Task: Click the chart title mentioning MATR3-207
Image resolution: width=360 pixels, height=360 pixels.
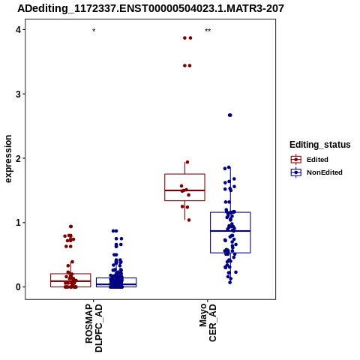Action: [x=151, y=8]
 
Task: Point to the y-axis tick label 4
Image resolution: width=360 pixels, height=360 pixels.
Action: [x=18, y=30]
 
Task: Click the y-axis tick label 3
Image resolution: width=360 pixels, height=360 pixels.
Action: [x=18, y=94]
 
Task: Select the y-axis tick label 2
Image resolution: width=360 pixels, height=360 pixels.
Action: [x=18, y=158]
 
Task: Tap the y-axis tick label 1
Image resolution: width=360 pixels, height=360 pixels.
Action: [x=18, y=223]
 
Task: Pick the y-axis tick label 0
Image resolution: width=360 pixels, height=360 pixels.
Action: [x=18, y=287]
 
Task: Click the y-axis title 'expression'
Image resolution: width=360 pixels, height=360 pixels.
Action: [x=8, y=159]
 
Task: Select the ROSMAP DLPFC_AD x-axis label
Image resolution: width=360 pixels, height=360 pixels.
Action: [x=94, y=328]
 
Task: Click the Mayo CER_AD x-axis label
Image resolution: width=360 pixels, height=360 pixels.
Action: [x=208, y=322]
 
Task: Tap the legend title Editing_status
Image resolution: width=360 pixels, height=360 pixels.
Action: [x=320, y=145]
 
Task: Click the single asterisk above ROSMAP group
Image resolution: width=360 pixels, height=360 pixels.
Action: [x=94, y=31]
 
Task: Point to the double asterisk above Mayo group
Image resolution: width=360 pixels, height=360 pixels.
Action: [x=208, y=31]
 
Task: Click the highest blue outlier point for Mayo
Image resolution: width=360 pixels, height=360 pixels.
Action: [x=230, y=115]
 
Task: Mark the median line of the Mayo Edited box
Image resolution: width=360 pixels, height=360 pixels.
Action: [x=184, y=190]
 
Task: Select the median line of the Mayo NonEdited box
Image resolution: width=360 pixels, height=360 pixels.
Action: [x=230, y=231]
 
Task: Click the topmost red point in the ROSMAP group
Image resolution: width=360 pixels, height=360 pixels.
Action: [x=70, y=226]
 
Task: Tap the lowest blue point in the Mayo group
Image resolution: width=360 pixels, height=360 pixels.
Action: [x=230, y=283]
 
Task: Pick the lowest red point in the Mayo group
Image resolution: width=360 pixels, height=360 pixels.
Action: [x=189, y=220]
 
